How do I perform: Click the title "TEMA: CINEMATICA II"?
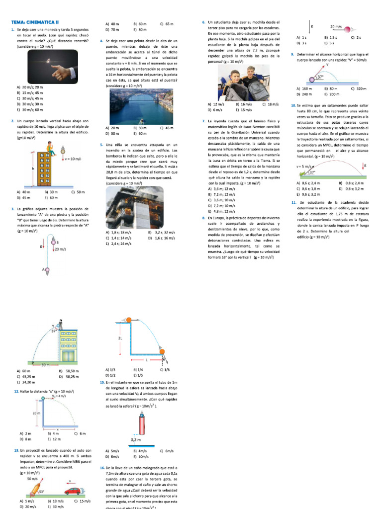pos(35,22)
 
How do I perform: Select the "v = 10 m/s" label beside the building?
pos(73,159)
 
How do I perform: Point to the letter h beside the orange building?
pos(33,169)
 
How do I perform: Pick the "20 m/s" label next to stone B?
pos(61,249)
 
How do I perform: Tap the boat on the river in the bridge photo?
pos(141,120)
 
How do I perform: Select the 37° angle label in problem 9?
pos(320,78)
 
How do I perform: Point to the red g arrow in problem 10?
pos(365,166)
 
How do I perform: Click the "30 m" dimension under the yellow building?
pos(45,365)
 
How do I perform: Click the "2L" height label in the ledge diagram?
pos(120,338)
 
